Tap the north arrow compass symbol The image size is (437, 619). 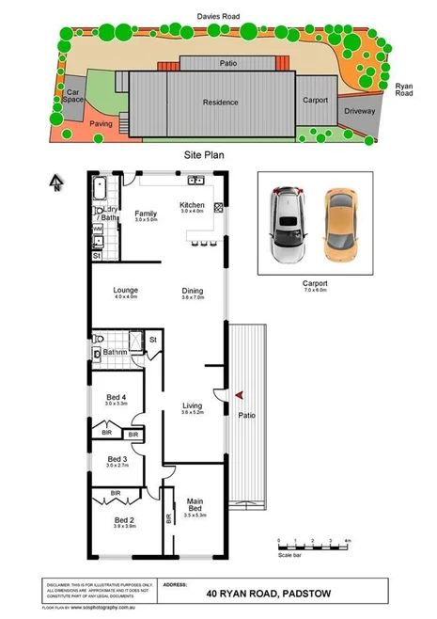[56, 183]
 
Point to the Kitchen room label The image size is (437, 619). [192, 205]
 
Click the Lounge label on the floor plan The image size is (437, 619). [125, 291]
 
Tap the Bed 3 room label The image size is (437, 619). [117, 459]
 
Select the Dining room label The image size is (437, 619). [192, 292]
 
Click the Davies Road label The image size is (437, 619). [218, 16]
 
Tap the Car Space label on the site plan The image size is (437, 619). [72, 96]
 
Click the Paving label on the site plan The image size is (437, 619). [101, 123]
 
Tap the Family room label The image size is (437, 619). [145, 214]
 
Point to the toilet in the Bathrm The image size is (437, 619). [98, 354]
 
